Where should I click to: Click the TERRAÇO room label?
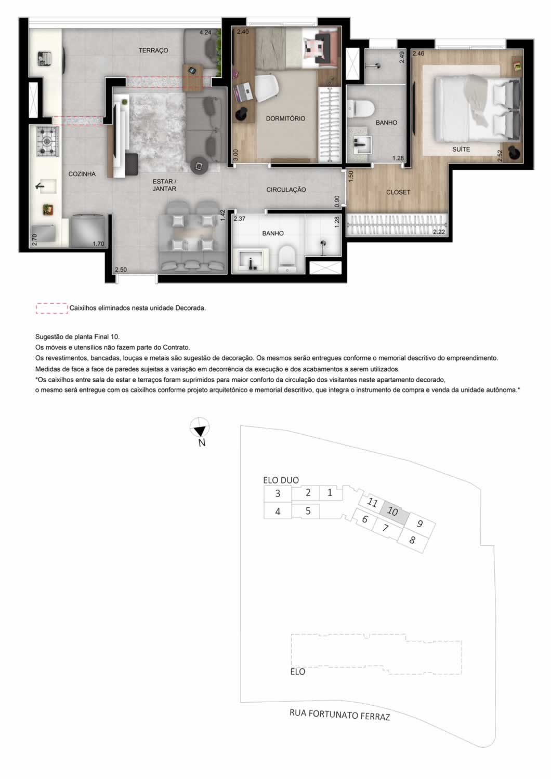tap(153, 50)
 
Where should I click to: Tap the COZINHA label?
tap(82, 174)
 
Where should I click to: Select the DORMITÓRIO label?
tap(285, 118)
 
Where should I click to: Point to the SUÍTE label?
tap(461, 149)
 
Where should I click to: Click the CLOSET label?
tap(398, 192)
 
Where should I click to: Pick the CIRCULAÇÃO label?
tap(286, 190)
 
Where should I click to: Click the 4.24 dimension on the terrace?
tap(205, 33)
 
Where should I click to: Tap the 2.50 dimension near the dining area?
tap(121, 270)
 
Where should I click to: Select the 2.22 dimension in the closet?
tap(439, 232)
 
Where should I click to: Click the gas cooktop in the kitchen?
tap(48, 142)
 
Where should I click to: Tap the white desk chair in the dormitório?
tap(267, 89)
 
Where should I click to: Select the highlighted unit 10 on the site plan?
tap(393, 511)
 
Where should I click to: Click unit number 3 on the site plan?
tap(278, 493)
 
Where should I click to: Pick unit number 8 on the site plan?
tap(412, 540)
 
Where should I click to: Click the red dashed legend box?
tap(52, 308)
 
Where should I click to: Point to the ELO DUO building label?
tap(281, 480)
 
